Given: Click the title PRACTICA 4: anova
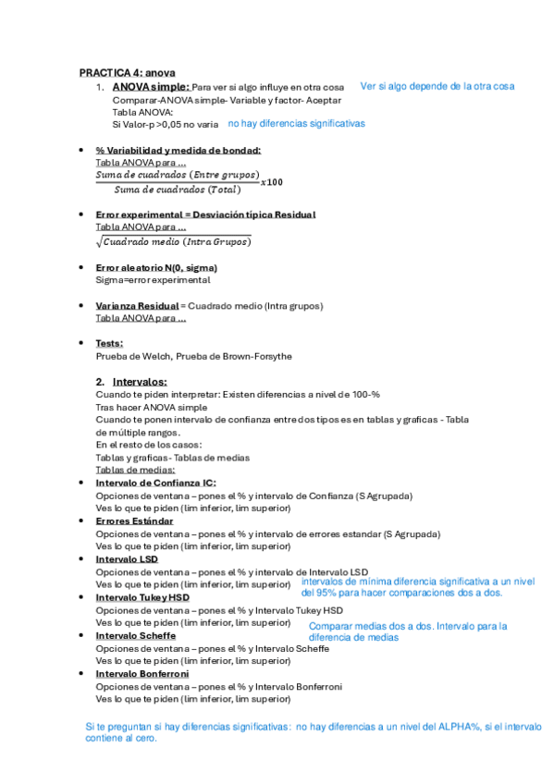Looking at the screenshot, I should (127, 72).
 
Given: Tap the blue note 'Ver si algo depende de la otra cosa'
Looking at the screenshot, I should (437, 86).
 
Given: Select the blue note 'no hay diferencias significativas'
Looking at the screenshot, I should (296, 123).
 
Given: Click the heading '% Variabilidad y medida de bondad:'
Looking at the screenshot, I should (179, 151).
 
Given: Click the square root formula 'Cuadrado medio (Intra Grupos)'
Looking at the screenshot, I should (173, 242).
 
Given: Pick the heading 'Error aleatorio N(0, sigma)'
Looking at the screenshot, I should (156, 267).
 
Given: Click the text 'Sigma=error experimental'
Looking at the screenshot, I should (153, 279).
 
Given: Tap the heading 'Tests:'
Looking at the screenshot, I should (109, 343).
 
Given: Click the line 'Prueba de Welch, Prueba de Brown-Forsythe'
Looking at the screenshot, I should (180, 356).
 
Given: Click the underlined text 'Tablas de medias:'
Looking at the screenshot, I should (135, 470).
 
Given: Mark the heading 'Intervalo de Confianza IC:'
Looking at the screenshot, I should (155, 483).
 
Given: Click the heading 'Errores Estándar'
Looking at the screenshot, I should (134, 521).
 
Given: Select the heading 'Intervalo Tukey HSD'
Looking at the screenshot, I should (142, 598).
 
